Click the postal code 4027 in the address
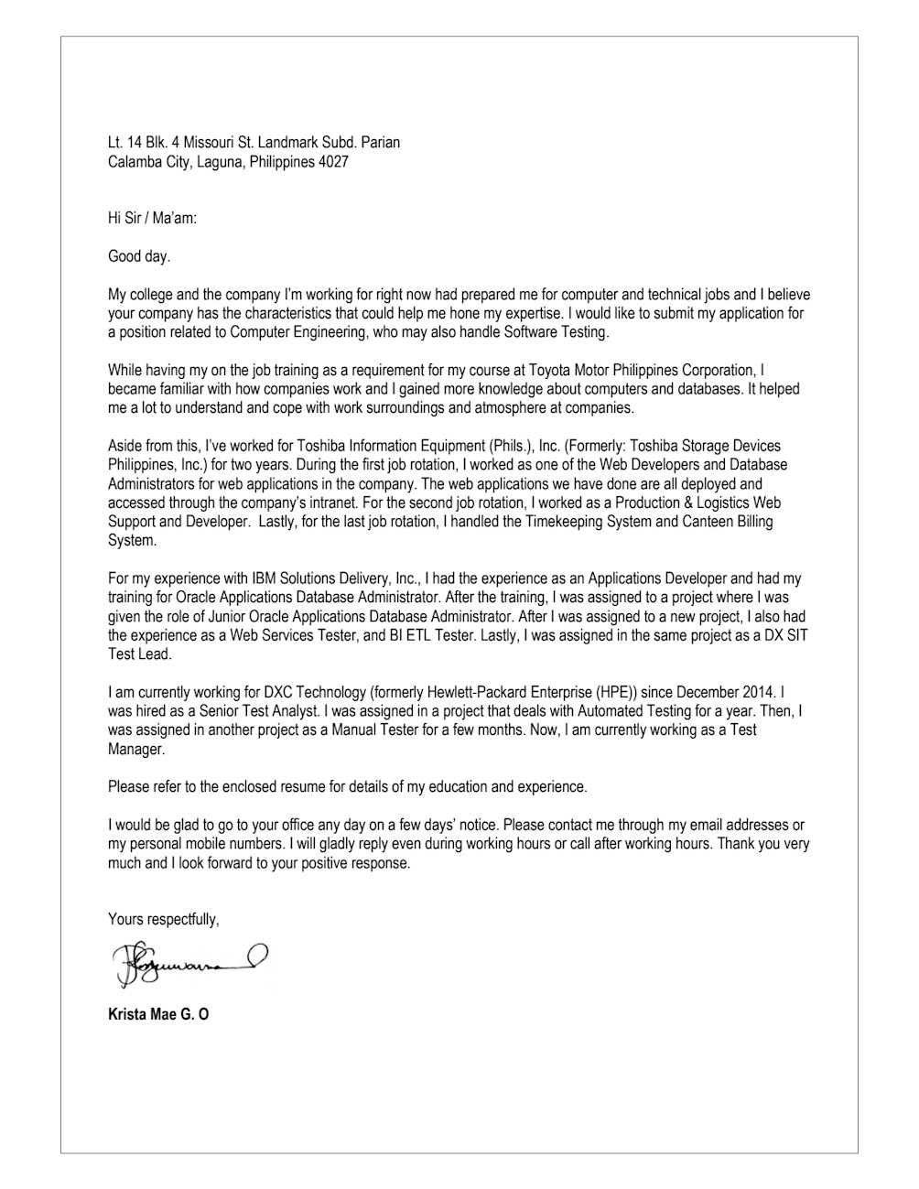[x=334, y=162]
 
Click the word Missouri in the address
[x=220, y=143]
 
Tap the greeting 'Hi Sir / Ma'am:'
[x=153, y=218]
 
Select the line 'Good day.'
[x=139, y=256]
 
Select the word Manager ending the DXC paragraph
[x=136, y=749]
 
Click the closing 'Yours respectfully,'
[x=164, y=919]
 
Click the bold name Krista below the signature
[x=126, y=1014]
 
